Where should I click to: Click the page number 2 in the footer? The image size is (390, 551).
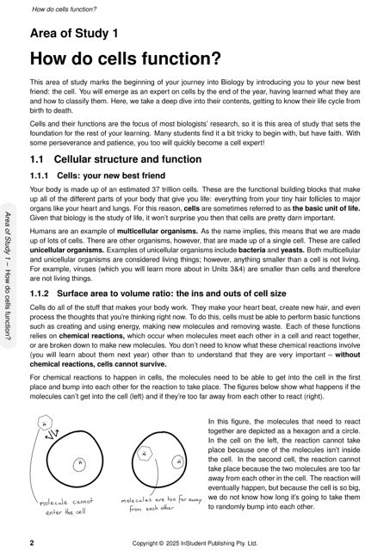(32, 543)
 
